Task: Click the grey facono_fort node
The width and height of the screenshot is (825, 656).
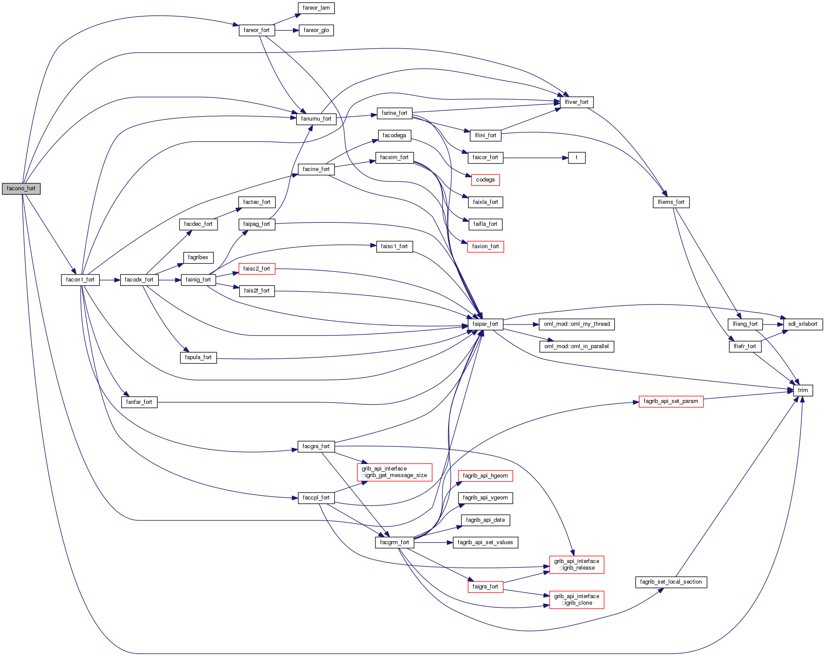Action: (x=21, y=189)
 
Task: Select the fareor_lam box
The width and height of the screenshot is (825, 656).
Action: (x=316, y=8)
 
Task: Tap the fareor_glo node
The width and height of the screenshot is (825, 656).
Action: (x=316, y=30)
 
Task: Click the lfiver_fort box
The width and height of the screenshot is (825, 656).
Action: (x=576, y=102)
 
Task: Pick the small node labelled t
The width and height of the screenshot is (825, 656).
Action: (x=576, y=158)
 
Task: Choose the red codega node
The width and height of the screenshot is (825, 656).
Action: (x=485, y=180)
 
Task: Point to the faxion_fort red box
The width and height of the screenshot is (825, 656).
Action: (x=485, y=246)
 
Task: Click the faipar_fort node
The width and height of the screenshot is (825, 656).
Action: (x=485, y=324)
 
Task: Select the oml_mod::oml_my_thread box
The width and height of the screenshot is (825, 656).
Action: (x=576, y=324)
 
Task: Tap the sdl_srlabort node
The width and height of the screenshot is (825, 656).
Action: (x=802, y=324)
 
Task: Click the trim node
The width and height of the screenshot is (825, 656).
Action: (x=803, y=390)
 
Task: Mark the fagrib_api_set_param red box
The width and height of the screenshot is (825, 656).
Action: (x=671, y=401)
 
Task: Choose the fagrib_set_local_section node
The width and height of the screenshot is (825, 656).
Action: (x=671, y=582)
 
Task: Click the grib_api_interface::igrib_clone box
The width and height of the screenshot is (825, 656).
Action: (x=576, y=599)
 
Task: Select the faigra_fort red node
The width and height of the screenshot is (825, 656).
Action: (x=485, y=586)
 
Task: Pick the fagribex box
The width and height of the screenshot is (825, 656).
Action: (x=198, y=257)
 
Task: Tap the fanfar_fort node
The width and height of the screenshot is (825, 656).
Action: (x=139, y=402)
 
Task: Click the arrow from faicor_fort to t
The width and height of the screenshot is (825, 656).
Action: (x=535, y=158)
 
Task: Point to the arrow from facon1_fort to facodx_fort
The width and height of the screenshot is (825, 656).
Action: (x=110, y=280)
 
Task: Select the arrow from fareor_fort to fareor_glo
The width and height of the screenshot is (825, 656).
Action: (x=287, y=30)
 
